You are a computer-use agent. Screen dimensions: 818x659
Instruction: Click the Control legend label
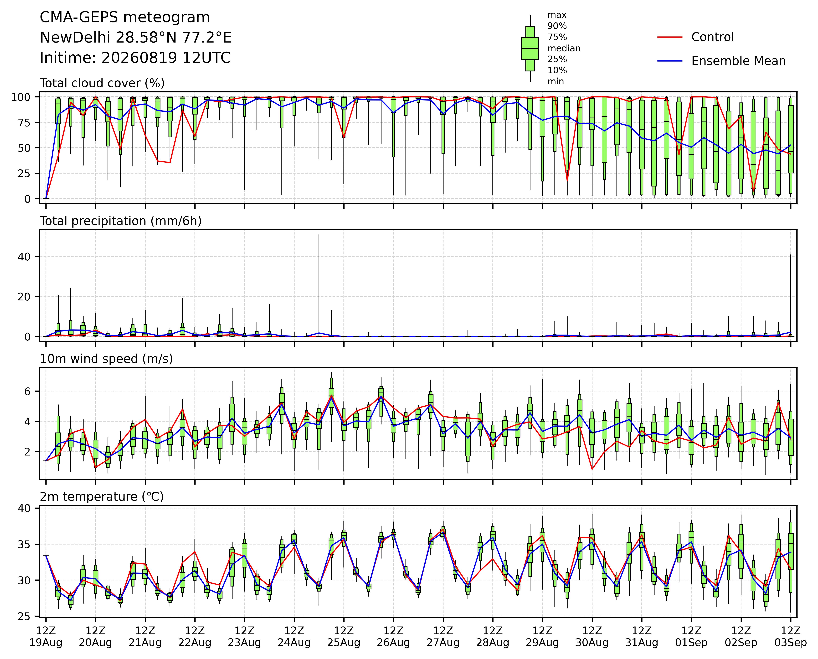(713, 37)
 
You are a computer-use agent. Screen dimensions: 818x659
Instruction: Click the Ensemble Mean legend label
(738, 61)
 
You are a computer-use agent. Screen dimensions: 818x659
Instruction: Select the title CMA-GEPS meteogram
(125, 17)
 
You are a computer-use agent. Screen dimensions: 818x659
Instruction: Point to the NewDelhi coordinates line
(136, 38)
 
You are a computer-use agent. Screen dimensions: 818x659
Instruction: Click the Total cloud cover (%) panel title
(102, 83)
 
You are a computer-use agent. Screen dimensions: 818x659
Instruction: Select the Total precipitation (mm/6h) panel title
(121, 221)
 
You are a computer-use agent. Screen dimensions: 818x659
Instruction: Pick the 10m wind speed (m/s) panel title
(106, 359)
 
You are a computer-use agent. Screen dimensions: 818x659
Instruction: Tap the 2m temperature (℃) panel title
(102, 497)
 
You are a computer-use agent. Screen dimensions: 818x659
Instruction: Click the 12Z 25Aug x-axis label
(344, 637)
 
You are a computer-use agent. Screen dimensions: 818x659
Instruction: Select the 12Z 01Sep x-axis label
(691, 637)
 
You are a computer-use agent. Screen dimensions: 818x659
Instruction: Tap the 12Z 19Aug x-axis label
(46, 637)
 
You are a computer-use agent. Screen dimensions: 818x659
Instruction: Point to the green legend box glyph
(530, 49)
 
